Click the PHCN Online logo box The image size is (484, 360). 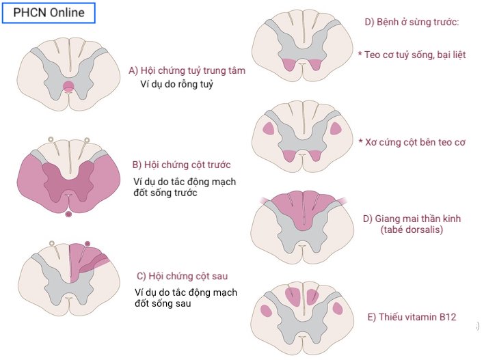(x=49, y=12)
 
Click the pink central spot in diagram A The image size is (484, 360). (x=69, y=87)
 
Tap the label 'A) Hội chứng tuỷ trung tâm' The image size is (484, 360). (x=187, y=70)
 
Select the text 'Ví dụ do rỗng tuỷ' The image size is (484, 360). (x=176, y=84)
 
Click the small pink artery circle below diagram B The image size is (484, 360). (x=68, y=214)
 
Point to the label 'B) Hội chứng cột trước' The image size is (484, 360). (x=181, y=165)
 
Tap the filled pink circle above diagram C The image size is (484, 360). (x=88, y=244)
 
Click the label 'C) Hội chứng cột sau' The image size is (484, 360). (x=182, y=276)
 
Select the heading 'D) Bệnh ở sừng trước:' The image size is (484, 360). (x=412, y=22)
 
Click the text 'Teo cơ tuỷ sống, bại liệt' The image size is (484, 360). (x=412, y=54)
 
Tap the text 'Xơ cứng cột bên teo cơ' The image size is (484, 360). (x=412, y=142)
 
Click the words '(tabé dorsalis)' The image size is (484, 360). (x=412, y=230)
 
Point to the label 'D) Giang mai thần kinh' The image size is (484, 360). (x=412, y=219)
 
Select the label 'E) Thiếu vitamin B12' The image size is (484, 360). (x=412, y=317)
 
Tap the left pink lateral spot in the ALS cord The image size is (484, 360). (x=268, y=128)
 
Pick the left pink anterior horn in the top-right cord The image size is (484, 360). (x=286, y=65)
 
